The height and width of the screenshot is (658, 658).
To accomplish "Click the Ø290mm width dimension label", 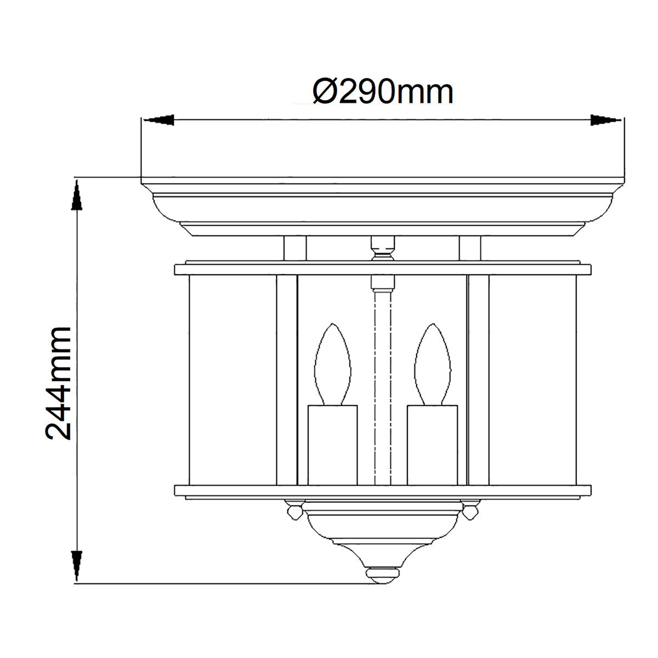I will [383, 92].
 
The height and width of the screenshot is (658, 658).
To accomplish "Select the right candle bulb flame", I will [433, 365].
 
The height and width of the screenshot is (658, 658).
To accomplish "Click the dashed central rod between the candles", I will [382, 384].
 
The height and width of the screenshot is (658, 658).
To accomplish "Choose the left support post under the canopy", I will [294, 248].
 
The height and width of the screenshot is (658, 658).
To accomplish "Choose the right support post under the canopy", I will [470, 248].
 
